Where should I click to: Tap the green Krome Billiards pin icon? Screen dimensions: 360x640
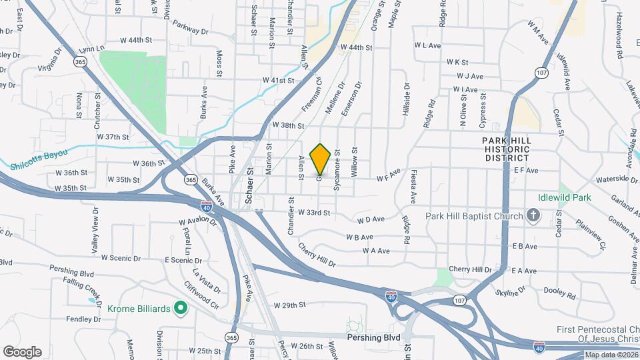(x=179, y=308)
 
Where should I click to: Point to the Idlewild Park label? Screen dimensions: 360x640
(x=565, y=198)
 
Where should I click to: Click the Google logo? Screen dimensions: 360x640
(x=22, y=352)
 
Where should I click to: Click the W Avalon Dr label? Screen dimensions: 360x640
(x=198, y=222)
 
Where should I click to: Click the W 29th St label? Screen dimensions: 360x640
(x=289, y=305)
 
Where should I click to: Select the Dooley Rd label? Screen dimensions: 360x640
(x=560, y=293)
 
